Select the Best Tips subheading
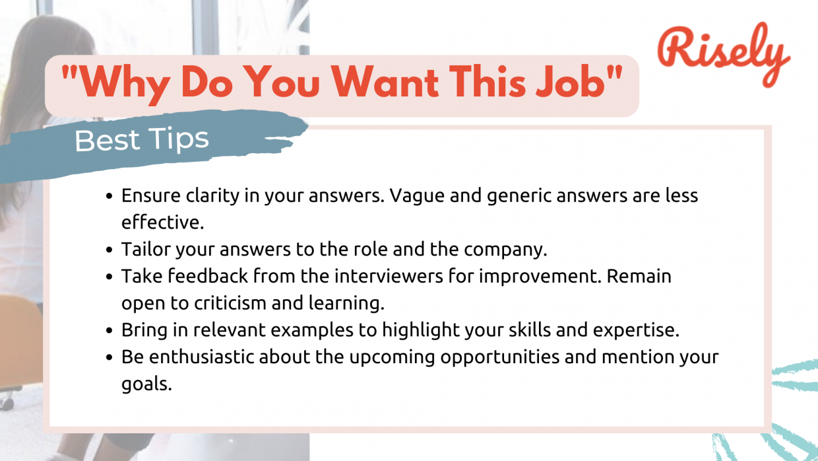(142, 140)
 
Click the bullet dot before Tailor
(110, 250)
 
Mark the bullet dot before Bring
(110, 330)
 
